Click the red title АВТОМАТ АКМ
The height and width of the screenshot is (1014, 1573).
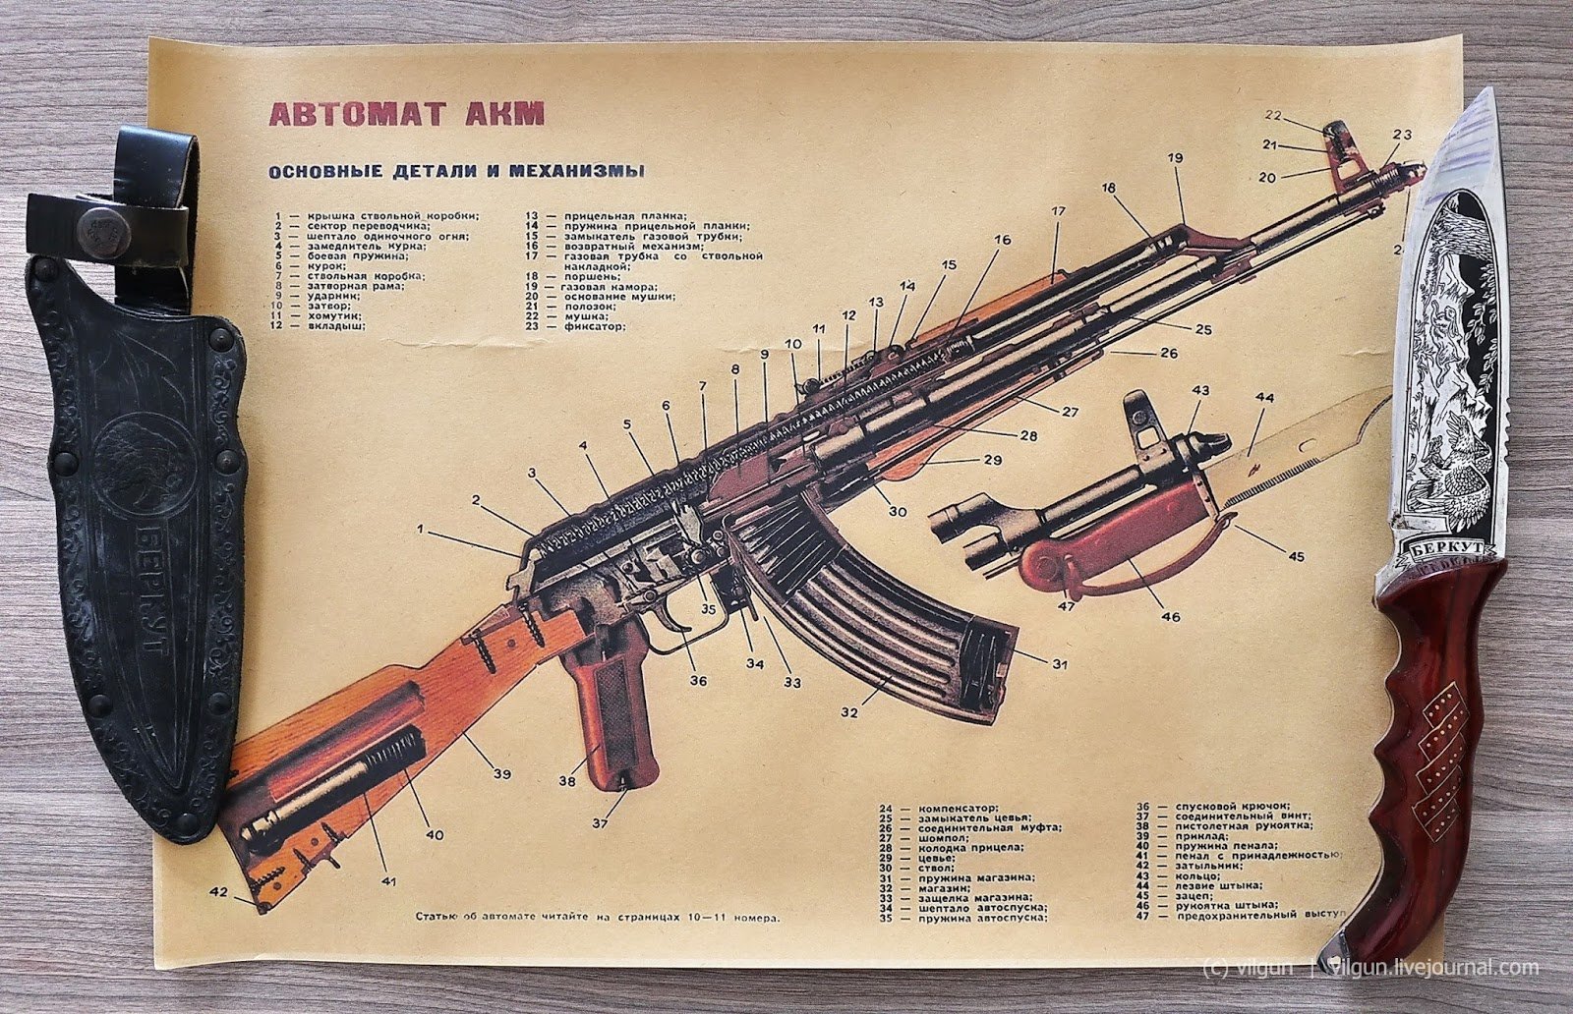coord(405,113)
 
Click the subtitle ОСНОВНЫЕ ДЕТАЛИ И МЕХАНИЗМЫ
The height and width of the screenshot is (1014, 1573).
coord(457,171)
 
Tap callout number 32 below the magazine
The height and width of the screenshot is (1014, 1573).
coord(848,711)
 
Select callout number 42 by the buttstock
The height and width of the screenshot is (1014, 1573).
coord(219,892)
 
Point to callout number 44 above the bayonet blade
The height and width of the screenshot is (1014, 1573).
coord(1264,398)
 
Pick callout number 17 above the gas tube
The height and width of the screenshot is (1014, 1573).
coord(1058,211)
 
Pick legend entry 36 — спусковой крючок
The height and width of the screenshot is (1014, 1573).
coord(1215,806)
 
